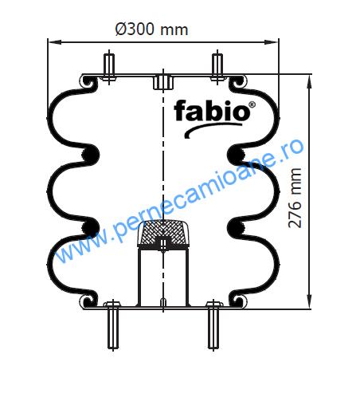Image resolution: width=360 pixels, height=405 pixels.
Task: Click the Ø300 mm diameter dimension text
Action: (151, 29)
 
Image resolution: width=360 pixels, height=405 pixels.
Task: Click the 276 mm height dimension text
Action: (295, 198)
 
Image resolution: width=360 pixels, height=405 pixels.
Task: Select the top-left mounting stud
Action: (109, 68)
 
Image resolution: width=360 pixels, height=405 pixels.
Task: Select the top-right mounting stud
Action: (217, 68)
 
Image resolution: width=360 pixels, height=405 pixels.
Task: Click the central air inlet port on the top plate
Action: (163, 82)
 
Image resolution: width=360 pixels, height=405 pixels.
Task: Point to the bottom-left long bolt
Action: (113, 325)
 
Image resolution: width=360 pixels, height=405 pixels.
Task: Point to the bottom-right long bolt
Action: (213, 325)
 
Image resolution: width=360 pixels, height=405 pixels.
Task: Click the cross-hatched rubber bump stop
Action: (163, 234)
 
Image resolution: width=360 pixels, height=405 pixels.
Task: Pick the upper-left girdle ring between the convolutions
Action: (90, 155)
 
